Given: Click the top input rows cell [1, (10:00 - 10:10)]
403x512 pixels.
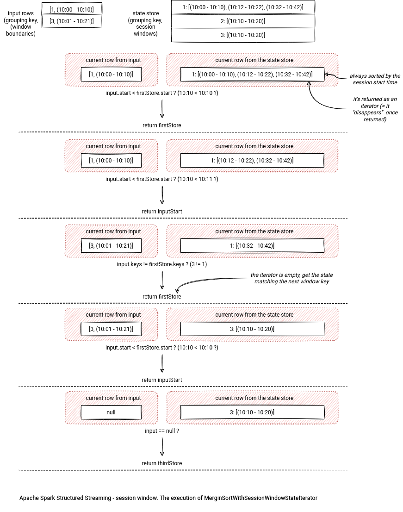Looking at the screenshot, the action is coord(72,9).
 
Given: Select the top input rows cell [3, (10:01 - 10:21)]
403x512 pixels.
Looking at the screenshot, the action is coord(72,21).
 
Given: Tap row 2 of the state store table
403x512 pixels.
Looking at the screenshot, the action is coord(243,21).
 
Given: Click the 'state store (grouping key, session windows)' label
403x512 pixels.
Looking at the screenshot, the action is coord(146,23).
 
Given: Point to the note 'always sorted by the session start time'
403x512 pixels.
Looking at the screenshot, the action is coord(375,79).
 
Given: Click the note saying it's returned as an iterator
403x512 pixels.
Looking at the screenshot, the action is coord(375,109).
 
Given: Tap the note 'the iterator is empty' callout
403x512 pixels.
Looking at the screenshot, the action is coord(292,278).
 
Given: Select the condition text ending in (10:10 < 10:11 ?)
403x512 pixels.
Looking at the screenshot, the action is coord(162,179).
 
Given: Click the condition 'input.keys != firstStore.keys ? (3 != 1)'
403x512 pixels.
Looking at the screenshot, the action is coord(162,264).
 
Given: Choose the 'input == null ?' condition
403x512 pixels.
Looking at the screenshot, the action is coord(162,431).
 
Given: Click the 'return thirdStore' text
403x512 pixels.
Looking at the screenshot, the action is coord(162,463).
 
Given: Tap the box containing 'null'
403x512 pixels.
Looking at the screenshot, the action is coord(111,412).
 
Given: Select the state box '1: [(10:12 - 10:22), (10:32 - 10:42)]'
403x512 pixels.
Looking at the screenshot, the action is coord(252,160).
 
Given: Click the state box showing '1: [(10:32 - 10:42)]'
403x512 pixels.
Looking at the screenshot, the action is coord(252,245).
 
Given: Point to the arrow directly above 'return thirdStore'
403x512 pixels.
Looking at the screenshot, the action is coord(162,447).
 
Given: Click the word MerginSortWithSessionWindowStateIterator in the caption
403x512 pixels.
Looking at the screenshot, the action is coord(261,498).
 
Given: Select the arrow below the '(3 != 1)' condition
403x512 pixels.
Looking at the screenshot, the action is coord(162,280).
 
